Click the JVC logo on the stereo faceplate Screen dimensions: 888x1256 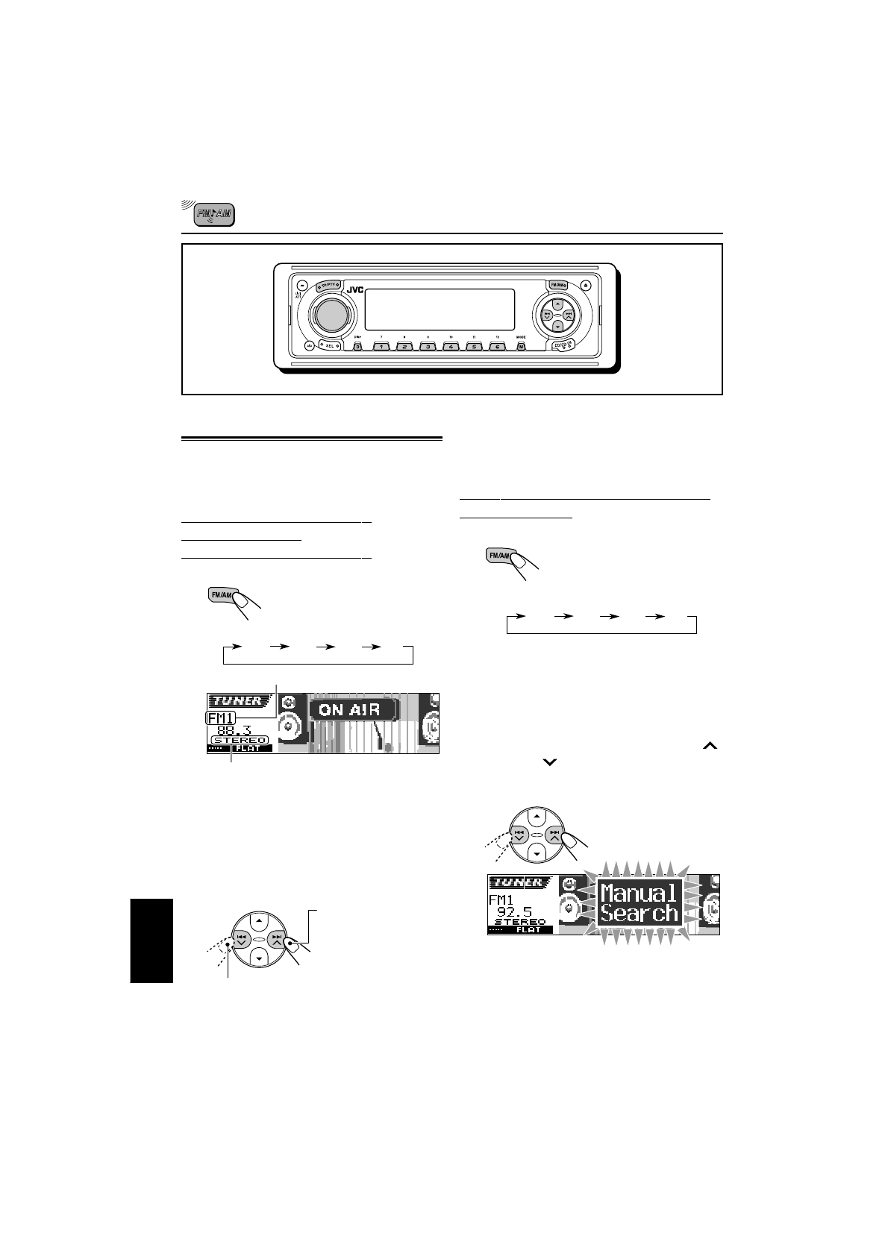pyautogui.click(x=354, y=290)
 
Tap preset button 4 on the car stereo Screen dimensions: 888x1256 pyautogui.click(x=451, y=346)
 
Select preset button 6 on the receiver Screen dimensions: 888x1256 pyautogui.click(x=498, y=346)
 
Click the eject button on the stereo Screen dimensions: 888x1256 pyautogui.click(x=587, y=285)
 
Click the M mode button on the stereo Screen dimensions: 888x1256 pyautogui.click(x=521, y=346)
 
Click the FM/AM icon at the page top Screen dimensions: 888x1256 pyautogui.click(x=213, y=216)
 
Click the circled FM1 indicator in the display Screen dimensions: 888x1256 pyautogui.click(x=220, y=718)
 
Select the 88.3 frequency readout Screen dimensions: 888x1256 pyautogui.click(x=234, y=730)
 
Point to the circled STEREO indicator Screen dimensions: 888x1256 pyautogui.click(x=240, y=740)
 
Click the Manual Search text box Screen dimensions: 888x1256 pyautogui.click(x=639, y=902)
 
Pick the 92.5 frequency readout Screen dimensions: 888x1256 pyautogui.click(x=514, y=911)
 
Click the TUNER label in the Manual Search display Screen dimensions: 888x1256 pyautogui.click(x=516, y=883)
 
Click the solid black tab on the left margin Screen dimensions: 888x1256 pyautogui.click(x=151, y=941)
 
